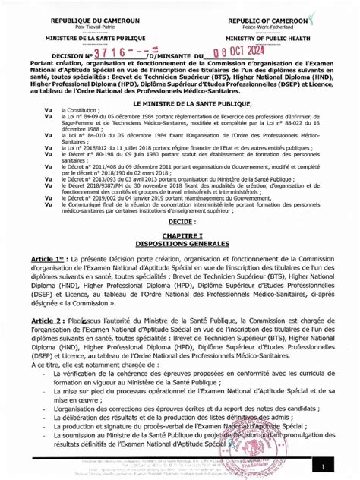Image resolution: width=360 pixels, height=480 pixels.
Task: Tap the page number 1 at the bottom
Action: point(323,465)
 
